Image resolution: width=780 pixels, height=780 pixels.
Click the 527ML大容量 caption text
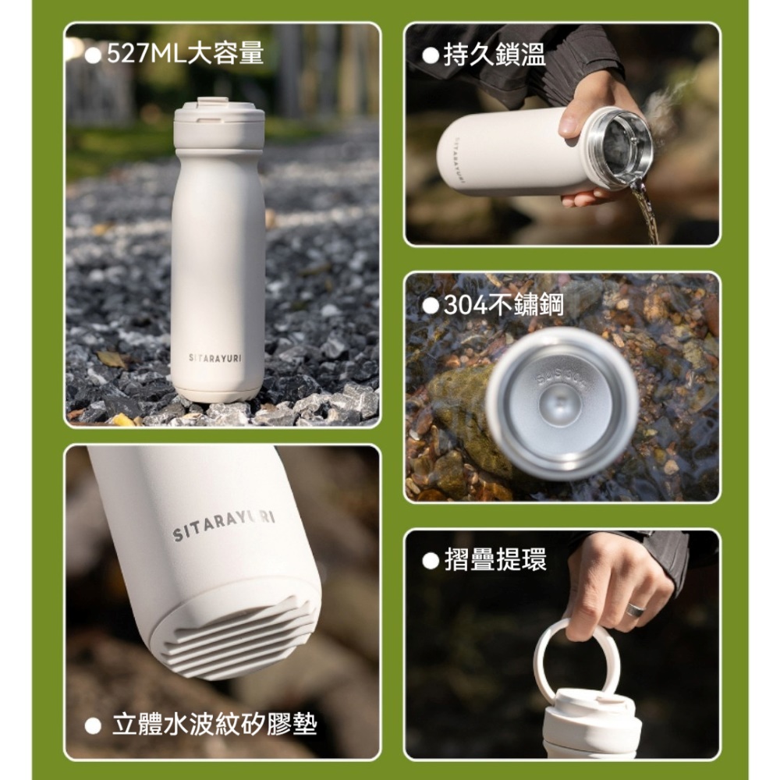[185, 54]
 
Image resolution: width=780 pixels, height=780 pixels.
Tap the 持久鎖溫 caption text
[495, 55]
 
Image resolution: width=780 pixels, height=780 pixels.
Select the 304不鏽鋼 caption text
[504, 305]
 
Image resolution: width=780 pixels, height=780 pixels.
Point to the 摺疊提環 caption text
[495, 559]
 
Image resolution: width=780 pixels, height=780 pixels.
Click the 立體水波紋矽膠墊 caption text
[214, 725]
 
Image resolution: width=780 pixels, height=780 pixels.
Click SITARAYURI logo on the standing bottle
[215, 357]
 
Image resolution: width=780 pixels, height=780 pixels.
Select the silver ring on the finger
[635, 610]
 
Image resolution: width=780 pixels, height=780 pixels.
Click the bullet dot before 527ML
[94, 55]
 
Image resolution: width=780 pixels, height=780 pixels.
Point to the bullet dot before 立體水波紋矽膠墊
[94, 726]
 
